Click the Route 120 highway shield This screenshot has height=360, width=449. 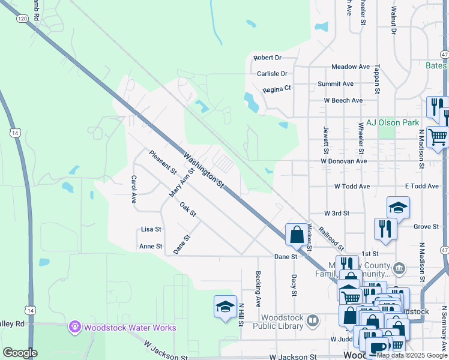coord(22,19)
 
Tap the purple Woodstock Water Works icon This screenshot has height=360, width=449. coord(74,327)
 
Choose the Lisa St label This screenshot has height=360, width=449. coord(151,229)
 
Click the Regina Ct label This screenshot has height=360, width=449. coord(277,88)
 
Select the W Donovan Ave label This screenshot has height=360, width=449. coord(343,161)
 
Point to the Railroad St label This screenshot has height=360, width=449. coord(331,239)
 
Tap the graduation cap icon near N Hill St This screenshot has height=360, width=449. coord(224,307)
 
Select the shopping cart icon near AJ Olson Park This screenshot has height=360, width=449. coord(438,137)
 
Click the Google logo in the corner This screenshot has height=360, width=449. coord(20,353)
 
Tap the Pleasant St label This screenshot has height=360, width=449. coord(163,163)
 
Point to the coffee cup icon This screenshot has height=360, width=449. coord(377,347)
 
